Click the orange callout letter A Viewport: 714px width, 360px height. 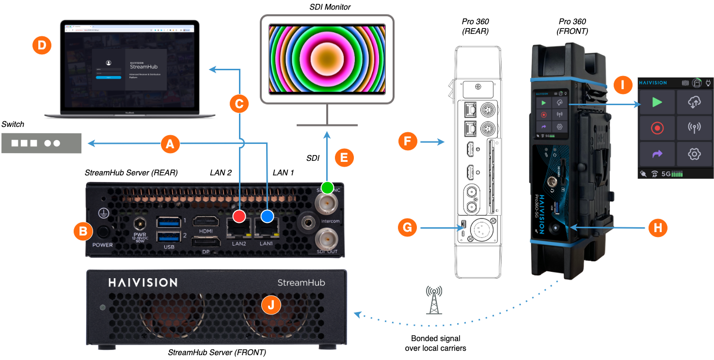(x=170, y=144)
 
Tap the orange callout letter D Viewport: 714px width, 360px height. (x=41, y=46)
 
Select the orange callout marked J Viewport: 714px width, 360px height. (x=271, y=305)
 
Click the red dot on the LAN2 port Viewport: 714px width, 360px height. (x=238, y=216)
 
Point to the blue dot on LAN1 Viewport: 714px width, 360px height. (x=267, y=216)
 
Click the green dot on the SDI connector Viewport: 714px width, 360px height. (x=327, y=188)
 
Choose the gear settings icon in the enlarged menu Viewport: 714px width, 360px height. (x=695, y=154)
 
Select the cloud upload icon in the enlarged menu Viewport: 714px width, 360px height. (x=695, y=102)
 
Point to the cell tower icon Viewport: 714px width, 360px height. (x=434, y=299)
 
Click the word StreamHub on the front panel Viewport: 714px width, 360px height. (x=301, y=282)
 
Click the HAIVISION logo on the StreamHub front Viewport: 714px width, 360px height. (x=143, y=282)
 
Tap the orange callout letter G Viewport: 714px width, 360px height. (x=407, y=227)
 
